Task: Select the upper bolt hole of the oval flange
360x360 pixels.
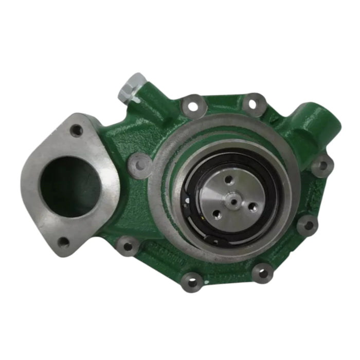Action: (77, 131)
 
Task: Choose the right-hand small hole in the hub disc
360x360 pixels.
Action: (251, 207)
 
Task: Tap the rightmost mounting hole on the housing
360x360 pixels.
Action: (323, 165)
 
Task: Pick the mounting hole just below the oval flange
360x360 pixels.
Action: (125, 246)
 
